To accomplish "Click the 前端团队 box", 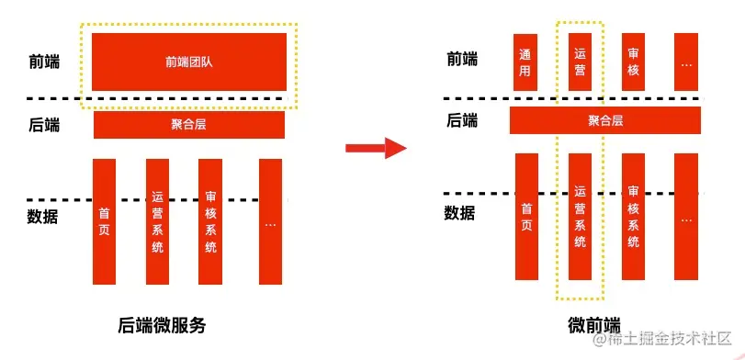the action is click(189, 62).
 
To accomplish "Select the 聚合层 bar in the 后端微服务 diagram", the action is click(189, 124).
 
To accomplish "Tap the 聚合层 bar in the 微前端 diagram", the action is click(604, 120).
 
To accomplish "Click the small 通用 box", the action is click(525, 62).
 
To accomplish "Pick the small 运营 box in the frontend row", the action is click(580, 62).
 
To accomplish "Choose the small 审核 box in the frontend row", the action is click(633, 62).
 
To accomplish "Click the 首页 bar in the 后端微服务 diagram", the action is click(105, 221).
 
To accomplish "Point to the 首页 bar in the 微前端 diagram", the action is click(526, 217).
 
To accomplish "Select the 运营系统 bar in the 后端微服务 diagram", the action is click(157, 221).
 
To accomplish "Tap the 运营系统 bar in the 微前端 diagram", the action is click(580, 217).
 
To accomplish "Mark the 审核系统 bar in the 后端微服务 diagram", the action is click(210, 221).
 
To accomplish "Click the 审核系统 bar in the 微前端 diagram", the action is click(633, 217).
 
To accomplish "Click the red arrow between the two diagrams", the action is click(376, 148).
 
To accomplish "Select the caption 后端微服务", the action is click(163, 324).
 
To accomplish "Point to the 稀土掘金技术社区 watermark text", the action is click(668, 342).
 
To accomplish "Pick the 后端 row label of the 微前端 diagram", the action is click(461, 120).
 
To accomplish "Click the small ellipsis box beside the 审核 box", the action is click(686, 62).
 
